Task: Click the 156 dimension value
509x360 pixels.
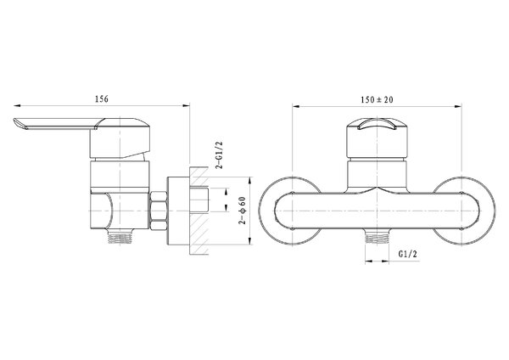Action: click(x=101, y=98)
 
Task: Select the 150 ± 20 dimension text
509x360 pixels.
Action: click(x=377, y=99)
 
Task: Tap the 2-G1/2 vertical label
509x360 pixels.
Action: click(x=220, y=155)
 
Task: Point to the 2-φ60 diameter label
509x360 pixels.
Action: click(x=243, y=211)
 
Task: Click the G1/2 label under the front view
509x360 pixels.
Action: click(x=407, y=254)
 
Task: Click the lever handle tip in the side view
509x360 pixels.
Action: click(x=17, y=124)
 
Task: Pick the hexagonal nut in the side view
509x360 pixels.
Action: click(x=158, y=211)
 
